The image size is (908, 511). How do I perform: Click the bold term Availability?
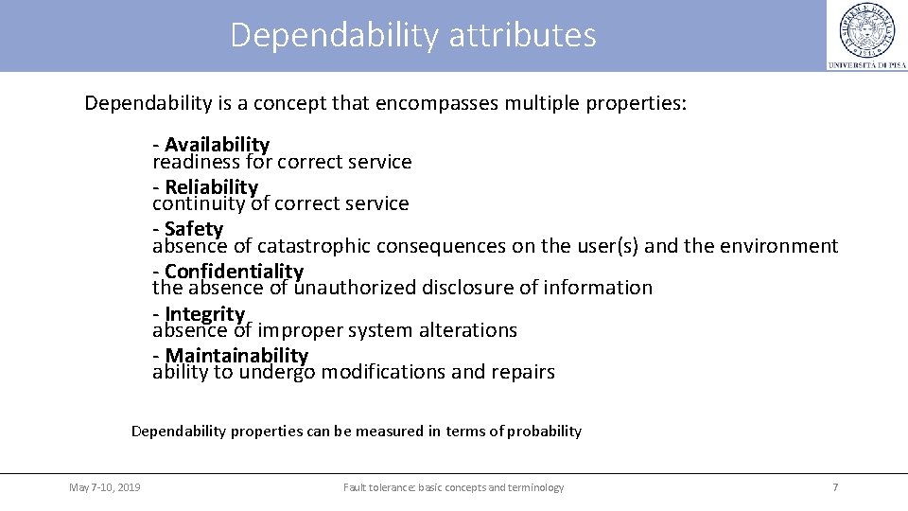click(217, 144)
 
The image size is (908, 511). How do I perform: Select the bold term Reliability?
click(211, 186)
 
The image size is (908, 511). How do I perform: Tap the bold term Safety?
click(194, 228)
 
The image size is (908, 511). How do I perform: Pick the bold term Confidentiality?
click(234, 271)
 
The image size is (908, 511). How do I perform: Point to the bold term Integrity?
click(204, 313)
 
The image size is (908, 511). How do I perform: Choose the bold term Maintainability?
click(236, 355)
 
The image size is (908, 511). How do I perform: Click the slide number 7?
click(835, 487)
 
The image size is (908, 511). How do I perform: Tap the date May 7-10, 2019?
click(105, 487)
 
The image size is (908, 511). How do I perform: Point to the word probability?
click(544, 432)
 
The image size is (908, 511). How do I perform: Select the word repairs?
click(523, 372)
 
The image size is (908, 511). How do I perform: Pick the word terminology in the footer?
click(533, 487)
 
